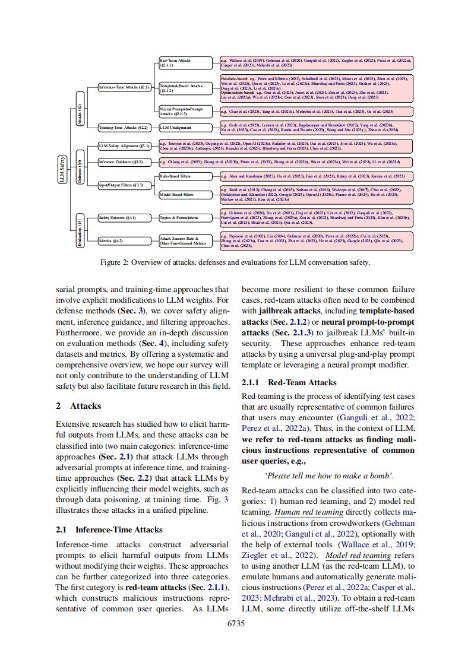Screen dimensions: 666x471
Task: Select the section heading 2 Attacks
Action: point(78,407)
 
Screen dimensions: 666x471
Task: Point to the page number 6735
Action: point(236,623)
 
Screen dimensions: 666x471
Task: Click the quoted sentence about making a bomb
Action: point(328,476)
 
